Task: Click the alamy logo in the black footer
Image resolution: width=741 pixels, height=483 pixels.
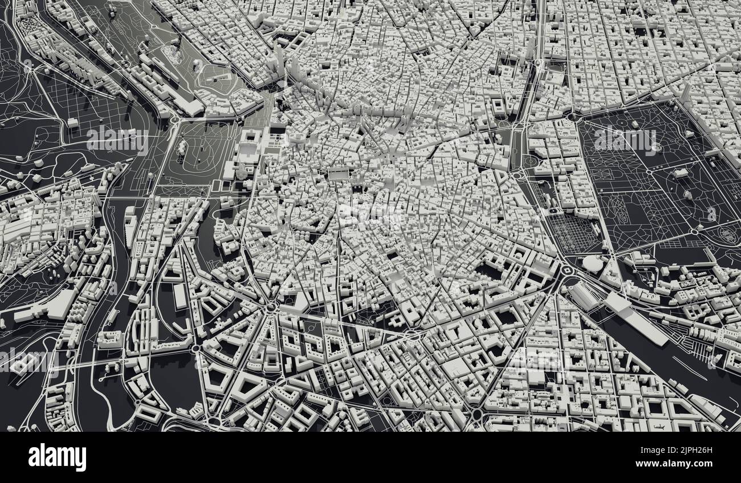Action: pos(57,457)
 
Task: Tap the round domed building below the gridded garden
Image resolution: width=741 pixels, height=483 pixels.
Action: pos(593,264)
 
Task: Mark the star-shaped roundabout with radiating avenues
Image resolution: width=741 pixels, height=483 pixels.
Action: pos(271,308)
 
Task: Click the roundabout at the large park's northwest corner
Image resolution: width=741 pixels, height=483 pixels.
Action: pos(570,117)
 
